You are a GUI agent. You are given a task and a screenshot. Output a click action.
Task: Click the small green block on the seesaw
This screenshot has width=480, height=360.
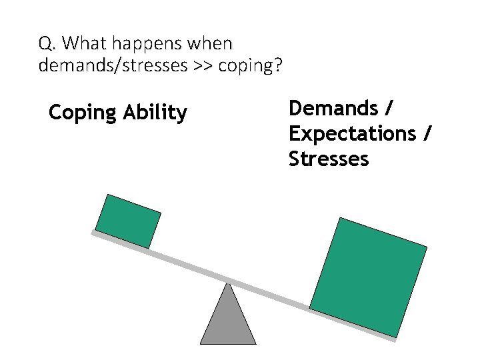(x=128, y=221)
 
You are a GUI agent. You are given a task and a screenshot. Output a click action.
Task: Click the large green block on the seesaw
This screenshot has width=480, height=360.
(x=368, y=277)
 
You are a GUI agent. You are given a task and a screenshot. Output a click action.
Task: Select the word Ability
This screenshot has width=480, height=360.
(x=155, y=113)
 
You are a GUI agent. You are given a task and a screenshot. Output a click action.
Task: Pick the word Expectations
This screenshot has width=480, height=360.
(x=351, y=133)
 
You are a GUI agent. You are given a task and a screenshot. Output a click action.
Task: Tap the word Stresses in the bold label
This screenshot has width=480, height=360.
(x=329, y=159)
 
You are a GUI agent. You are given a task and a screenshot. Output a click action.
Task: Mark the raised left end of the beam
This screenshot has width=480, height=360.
(x=93, y=233)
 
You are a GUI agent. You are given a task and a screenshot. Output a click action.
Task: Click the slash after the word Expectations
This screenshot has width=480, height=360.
(x=427, y=133)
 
